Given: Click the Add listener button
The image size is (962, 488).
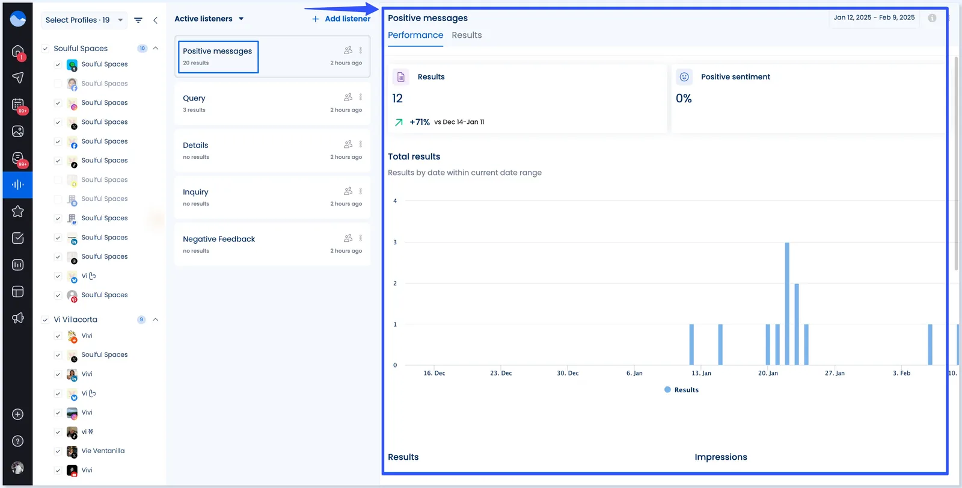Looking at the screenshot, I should [x=341, y=19].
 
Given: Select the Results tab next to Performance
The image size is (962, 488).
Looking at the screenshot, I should [x=467, y=35].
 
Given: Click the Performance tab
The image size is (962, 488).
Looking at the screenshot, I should [x=415, y=35].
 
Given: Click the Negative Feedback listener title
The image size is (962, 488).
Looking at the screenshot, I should [x=219, y=239].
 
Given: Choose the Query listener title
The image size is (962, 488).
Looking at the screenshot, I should [x=194, y=98].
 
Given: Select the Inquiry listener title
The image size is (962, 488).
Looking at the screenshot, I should [x=195, y=192].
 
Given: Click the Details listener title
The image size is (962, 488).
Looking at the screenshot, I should [x=195, y=145].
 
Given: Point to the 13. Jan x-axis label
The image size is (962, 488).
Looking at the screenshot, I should [x=701, y=373].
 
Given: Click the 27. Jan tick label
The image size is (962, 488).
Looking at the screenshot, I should [x=835, y=373].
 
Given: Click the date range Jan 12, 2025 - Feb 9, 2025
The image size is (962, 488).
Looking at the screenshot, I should [x=874, y=17].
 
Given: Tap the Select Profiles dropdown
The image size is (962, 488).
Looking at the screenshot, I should [x=84, y=20].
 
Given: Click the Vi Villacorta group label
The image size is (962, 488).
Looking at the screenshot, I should [x=75, y=320].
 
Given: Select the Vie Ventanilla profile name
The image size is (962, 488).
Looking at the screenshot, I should [x=103, y=451].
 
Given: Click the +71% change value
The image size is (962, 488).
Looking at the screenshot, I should [x=420, y=122].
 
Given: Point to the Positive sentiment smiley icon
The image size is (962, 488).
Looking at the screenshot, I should [x=684, y=77].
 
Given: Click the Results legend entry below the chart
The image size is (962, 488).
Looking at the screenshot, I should [x=682, y=390].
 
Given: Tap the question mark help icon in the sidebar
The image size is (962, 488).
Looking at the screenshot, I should [x=18, y=441].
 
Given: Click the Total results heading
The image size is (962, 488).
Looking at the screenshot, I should [x=414, y=156].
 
